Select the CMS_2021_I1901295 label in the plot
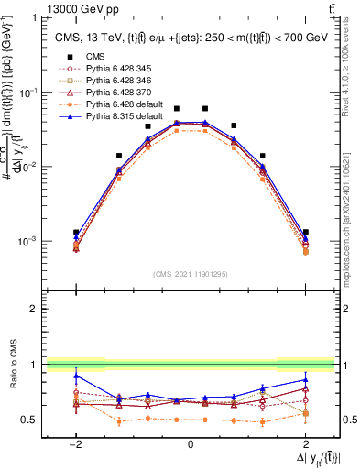[191, 274]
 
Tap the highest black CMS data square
[205, 108]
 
